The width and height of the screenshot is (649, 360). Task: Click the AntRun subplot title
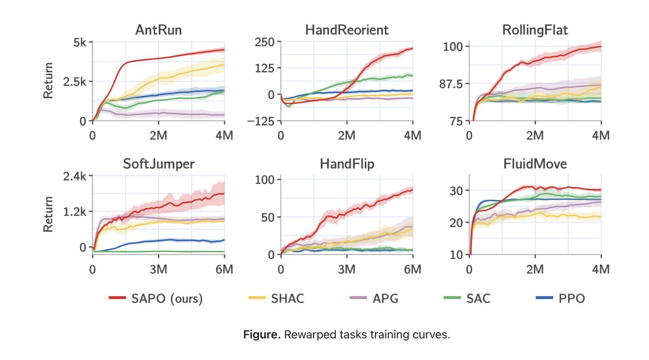click(158, 30)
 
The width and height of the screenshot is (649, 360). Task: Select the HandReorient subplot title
click(347, 30)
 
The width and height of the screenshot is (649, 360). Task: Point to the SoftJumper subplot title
click(158, 164)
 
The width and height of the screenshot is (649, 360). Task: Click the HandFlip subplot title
click(347, 164)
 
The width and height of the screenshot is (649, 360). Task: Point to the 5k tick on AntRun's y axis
click(79, 42)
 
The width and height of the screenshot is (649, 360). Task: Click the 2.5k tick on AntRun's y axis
click(75, 82)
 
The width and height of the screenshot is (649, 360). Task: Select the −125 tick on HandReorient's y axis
click(260, 121)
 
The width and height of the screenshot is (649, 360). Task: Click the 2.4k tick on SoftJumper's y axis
click(75, 176)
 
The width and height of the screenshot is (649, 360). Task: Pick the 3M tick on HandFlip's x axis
click(347, 269)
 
